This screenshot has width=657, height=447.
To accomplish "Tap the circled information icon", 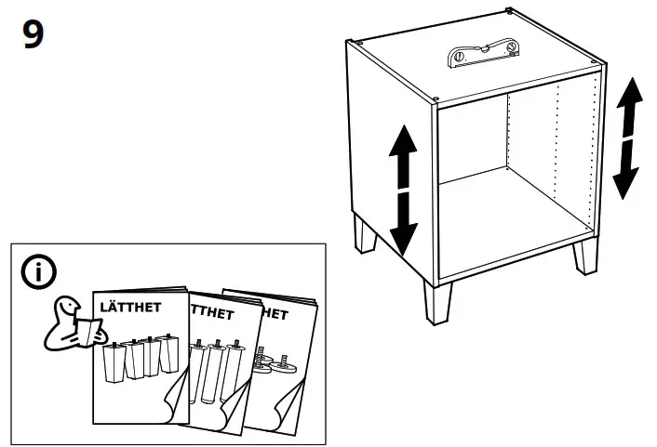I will pos(37,273).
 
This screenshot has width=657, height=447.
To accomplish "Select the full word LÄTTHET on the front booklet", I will pos(130,307).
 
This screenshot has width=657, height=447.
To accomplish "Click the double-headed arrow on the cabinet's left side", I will pos(402,190).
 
